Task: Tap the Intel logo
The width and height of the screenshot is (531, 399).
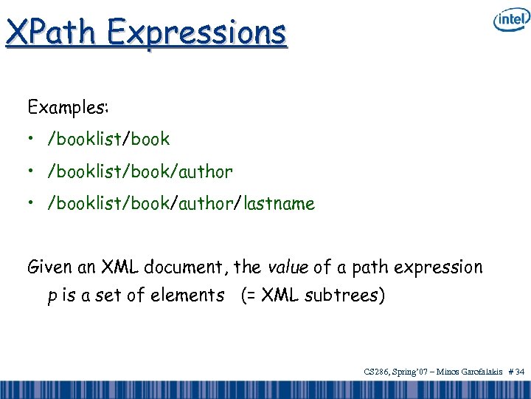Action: pos(510,21)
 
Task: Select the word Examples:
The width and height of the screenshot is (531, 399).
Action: pos(68,108)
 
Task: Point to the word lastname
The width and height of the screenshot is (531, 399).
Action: pos(278,203)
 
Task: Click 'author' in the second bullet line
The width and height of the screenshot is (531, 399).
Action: pos(204,171)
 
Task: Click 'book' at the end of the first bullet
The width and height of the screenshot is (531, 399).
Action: pos(152,139)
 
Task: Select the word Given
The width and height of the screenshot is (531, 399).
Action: pos(48,267)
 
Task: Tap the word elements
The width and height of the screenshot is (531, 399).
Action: pos(187,296)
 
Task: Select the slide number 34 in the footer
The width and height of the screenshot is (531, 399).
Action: pos(519,372)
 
